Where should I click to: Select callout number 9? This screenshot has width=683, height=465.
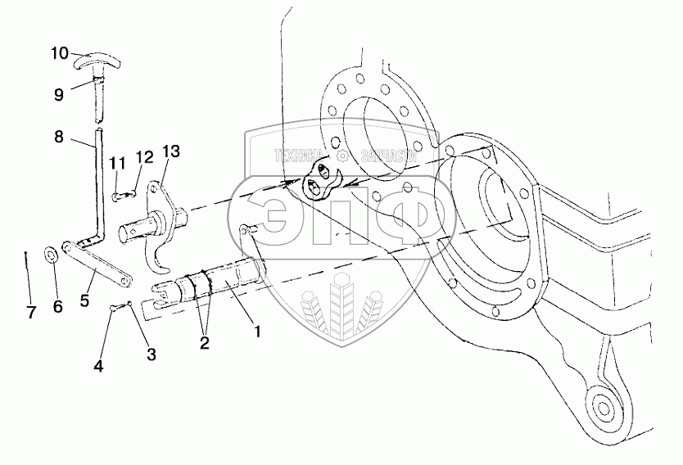pyautogui.click(x=58, y=94)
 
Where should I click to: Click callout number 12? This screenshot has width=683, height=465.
pyautogui.click(x=144, y=156)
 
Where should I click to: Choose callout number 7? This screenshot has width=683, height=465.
pyautogui.click(x=32, y=312)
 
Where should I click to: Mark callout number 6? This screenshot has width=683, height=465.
pyautogui.click(x=57, y=307)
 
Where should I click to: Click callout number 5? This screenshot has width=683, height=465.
pyautogui.click(x=86, y=299)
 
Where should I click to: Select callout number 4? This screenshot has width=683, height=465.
pyautogui.click(x=99, y=366)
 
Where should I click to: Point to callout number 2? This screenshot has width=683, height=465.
pyautogui.click(x=203, y=344)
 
